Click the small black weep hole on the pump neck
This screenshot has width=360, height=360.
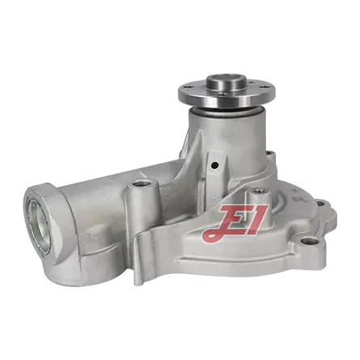pyautogui.click(x=214, y=164)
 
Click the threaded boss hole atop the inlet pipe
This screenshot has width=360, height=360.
pyautogui.click(x=141, y=184)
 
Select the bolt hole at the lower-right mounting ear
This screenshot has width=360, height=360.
pyautogui.click(x=307, y=240)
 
